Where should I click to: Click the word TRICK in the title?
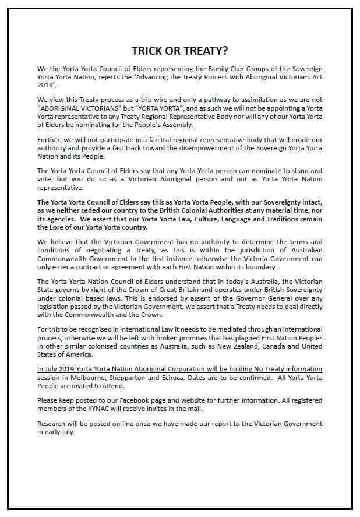tap(147, 50)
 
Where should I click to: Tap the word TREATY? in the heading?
tap(206, 50)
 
